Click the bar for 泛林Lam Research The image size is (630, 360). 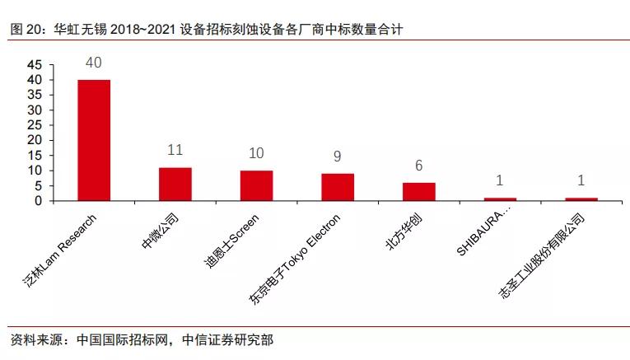coord(94,140)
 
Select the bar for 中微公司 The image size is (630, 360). coord(175,184)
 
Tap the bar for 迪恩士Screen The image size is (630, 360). coord(256,185)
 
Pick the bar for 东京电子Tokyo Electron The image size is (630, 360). coord(338,187)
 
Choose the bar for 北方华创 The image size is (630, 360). coord(418,191)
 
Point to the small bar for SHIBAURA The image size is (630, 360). coord(500,199)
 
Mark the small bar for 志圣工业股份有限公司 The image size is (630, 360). coord(581,199)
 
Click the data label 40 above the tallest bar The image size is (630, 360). coord(94,63)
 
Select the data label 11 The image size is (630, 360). coord(175,151)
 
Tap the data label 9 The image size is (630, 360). coord(338,157)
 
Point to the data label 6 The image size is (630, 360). coord(418,166)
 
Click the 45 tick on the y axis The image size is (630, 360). coord(35,65)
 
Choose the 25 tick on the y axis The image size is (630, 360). coord(35,125)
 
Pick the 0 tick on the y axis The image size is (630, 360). coord(39,201)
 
